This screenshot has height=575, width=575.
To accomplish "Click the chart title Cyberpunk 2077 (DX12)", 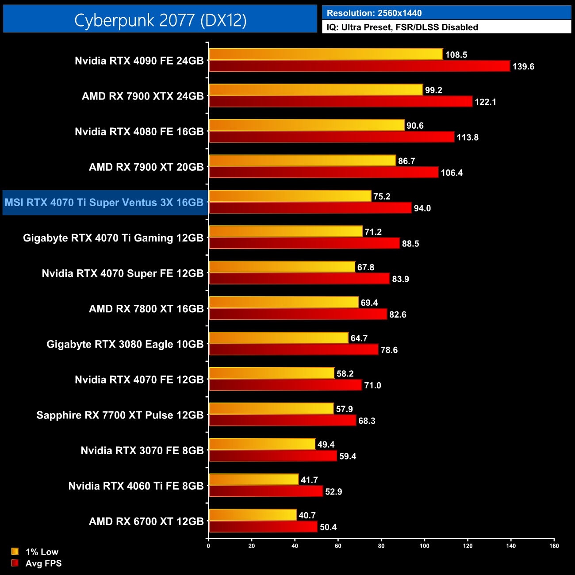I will [x=160, y=20].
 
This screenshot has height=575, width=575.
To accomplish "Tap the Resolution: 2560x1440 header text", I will [x=374, y=13].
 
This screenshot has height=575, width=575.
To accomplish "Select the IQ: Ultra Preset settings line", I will [x=402, y=27].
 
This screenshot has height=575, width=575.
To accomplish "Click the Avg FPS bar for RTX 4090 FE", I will [x=359, y=66].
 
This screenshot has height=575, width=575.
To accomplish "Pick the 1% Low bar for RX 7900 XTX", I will [x=316, y=90].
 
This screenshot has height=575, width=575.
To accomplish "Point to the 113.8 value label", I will [x=468, y=137].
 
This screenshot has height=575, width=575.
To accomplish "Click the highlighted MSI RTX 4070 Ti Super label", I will [x=104, y=203].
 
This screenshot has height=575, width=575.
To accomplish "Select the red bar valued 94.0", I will [x=310, y=208].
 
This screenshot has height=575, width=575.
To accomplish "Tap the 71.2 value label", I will [x=373, y=232].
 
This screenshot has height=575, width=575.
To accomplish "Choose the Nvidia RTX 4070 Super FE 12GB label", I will [x=123, y=273].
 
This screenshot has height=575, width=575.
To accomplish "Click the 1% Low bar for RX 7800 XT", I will [x=284, y=303].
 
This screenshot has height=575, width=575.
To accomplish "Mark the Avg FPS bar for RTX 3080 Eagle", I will [x=293, y=350].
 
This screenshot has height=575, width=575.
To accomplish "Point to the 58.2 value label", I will [x=345, y=374].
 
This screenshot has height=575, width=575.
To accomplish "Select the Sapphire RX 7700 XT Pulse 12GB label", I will [x=120, y=415].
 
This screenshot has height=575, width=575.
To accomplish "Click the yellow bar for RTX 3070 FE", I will [x=262, y=444].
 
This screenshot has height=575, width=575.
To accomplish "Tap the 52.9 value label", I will [x=333, y=491].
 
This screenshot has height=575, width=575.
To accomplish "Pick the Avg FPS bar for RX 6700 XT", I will [x=263, y=527].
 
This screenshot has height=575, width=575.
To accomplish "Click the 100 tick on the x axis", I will [x=424, y=546].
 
